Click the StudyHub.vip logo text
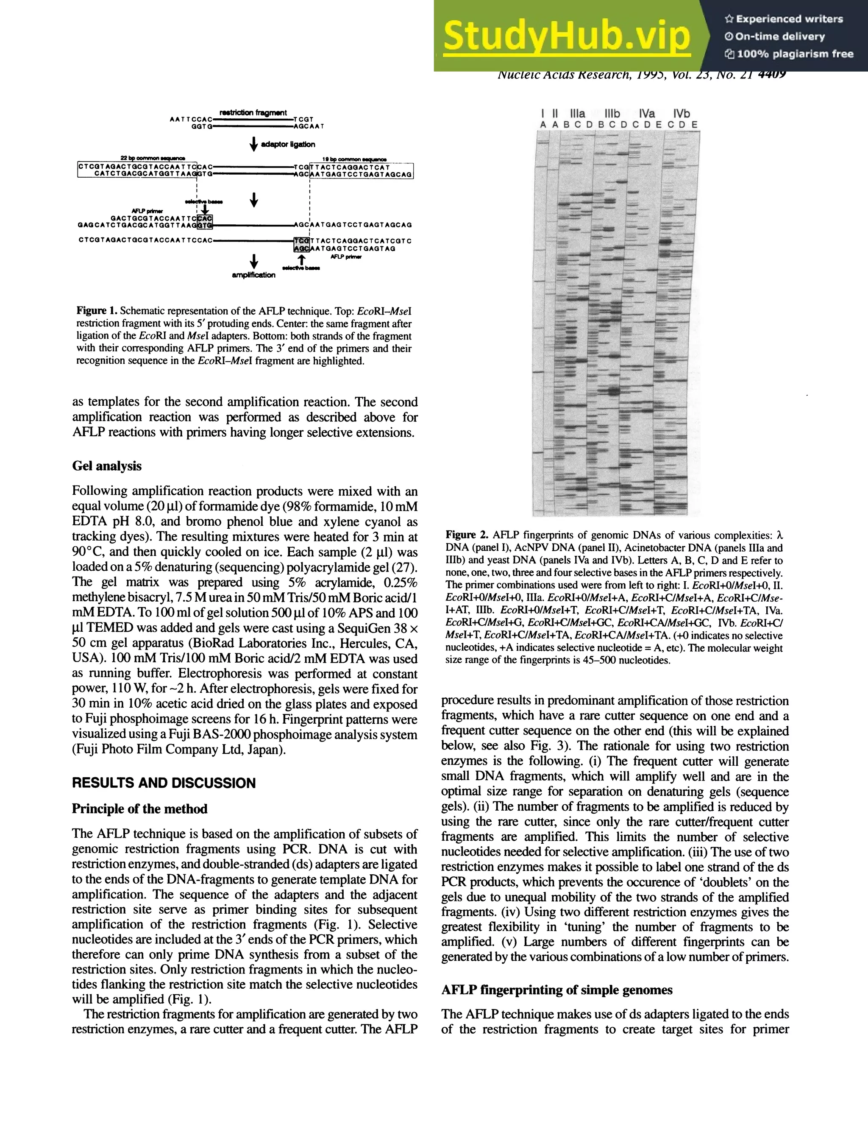pos(567,36)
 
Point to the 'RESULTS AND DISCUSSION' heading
pos(164,783)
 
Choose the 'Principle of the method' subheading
pos(139,809)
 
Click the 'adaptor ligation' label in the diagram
pos(288,144)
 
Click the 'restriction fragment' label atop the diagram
pos(253,112)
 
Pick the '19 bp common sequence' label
pos(354,159)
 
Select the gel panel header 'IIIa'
pos(578,114)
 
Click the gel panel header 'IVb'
pos(681,114)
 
